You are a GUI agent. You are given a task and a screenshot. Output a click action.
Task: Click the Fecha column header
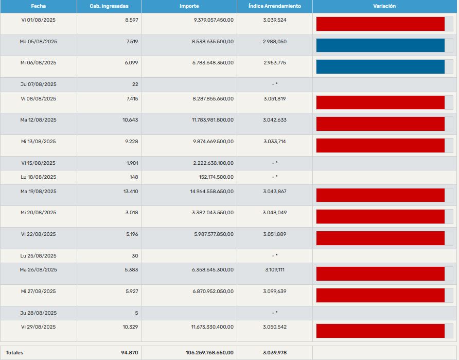[38, 6]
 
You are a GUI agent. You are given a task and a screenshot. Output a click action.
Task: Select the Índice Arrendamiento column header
[274, 6]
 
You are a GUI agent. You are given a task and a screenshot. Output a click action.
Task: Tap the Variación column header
[384, 6]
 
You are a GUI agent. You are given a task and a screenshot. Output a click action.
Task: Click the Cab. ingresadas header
[109, 6]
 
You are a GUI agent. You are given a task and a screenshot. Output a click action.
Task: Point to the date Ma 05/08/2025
[38, 41]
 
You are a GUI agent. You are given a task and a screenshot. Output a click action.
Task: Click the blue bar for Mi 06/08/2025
[380, 66]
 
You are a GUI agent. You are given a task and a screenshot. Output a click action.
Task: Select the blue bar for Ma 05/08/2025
[380, 45]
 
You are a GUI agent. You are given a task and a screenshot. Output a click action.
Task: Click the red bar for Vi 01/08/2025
[380, 24]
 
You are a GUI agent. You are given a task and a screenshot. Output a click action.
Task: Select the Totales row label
[14, 353]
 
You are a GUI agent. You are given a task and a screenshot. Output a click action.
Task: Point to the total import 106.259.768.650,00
[209, 353]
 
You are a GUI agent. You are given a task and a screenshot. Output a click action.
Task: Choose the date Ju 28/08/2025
[38, 313]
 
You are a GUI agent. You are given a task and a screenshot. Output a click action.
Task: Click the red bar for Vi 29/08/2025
[380, 331]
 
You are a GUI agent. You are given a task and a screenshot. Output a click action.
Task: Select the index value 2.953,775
[274, 62]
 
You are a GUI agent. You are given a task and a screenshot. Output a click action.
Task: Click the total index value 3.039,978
[274, 353]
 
